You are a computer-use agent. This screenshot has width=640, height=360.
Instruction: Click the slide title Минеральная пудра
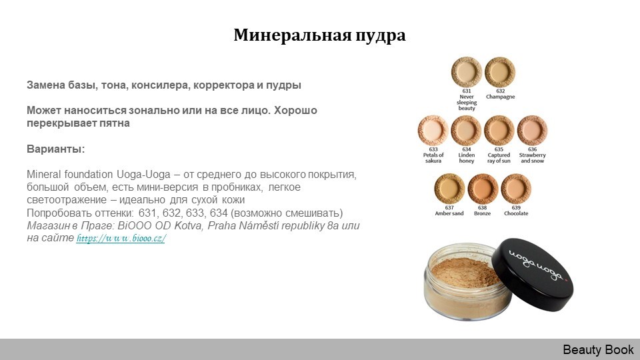[x=319, y=35]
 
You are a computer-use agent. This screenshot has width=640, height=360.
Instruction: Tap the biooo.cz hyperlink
[x=121, y=239]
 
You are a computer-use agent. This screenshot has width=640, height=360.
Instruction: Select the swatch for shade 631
[x=467, y=72]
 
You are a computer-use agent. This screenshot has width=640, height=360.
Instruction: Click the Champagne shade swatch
[x=500, y=72]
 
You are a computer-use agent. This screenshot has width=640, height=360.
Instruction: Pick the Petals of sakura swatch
[x=433, y=131]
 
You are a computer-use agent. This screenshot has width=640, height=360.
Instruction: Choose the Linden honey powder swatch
[x=466, y=131]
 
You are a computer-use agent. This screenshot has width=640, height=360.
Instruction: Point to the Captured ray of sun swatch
[x=499, y=131]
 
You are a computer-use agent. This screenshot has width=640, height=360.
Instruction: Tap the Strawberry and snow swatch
[x=532, y=131]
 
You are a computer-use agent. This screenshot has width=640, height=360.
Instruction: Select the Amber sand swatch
[x=449, y=189]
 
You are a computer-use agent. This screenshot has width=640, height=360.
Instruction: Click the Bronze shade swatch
[x=483, y=189]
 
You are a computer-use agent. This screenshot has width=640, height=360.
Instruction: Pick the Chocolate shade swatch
[x=516, y=189]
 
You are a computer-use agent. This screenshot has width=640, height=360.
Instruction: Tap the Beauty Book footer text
[x=598, y=350]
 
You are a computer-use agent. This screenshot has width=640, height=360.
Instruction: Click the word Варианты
[x=56, y=149]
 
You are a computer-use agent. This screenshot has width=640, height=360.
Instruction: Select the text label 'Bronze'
[x=483, y=213]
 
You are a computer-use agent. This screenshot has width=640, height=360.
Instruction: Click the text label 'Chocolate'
[x=516, y=213]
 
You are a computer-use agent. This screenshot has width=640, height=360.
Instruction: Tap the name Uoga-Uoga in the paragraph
[x=144, y=175]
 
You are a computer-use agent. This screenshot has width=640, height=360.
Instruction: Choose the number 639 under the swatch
[x=516, y=208]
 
